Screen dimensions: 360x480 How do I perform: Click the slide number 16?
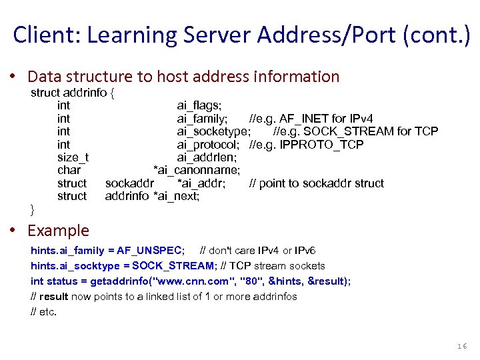462,346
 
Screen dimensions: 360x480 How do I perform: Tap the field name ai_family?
206,119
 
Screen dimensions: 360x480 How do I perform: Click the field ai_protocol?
208,145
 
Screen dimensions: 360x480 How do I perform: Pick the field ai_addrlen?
207,157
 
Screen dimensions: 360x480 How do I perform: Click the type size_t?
73,157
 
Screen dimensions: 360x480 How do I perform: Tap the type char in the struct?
69,170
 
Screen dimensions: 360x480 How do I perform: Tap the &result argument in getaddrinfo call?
327,281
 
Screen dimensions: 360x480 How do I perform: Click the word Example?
58,231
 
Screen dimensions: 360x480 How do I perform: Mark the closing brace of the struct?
33,209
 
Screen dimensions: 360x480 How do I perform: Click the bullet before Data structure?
13,77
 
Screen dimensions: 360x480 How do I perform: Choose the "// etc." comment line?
44,311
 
